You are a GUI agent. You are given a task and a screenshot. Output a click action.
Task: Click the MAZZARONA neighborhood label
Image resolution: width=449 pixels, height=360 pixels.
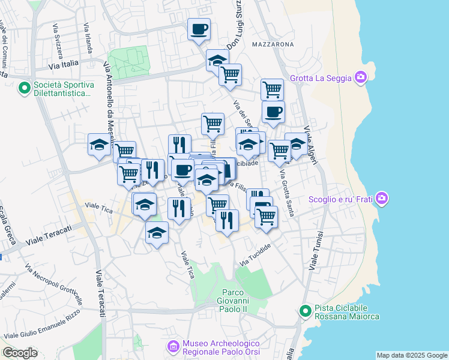273,44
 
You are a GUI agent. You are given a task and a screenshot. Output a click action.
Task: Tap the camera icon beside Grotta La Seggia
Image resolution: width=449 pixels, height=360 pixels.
360,77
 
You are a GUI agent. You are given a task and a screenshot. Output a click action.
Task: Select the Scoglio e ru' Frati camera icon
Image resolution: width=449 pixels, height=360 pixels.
381,200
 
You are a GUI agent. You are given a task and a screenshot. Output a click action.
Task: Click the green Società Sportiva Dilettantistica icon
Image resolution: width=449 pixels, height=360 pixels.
25,89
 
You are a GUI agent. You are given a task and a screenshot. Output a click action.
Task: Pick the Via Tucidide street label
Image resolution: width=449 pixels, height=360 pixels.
256,255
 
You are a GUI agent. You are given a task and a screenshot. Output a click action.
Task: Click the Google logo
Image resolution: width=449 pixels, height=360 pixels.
20,353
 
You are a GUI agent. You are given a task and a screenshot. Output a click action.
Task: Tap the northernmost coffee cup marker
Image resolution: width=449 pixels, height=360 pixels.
199,29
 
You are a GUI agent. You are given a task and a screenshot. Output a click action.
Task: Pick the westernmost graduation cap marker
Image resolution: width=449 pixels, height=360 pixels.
100,145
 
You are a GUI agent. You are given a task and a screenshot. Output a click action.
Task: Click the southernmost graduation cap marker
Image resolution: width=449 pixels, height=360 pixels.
157,233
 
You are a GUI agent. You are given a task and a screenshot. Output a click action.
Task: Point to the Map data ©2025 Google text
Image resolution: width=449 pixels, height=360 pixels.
411,355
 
